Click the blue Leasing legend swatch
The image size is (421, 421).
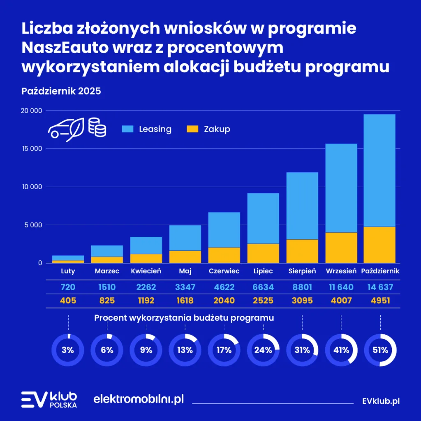tap(127, 129)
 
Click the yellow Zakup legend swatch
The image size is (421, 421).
tap(192, 129)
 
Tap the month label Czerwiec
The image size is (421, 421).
tap(224, 271)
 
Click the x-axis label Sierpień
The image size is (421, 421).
tap(302, 271)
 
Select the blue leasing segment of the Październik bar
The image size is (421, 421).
tap(379, 170)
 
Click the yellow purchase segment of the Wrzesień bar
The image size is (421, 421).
tap(341, 248)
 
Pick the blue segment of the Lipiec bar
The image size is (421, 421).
tap(263, 218)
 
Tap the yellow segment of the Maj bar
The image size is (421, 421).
tap(185, 257)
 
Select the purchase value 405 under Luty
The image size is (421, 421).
tap(68, 301)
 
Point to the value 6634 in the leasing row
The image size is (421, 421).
tap(263, 287)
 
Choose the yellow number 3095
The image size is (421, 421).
tap(302, 301)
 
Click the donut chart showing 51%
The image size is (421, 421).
tap(380, 350)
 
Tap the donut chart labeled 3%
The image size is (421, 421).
tap(68, 350)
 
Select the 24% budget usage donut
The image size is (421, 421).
tap(263, 350)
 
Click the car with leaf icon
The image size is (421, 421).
tap(67, 129)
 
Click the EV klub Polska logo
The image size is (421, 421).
tap(49, 399)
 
